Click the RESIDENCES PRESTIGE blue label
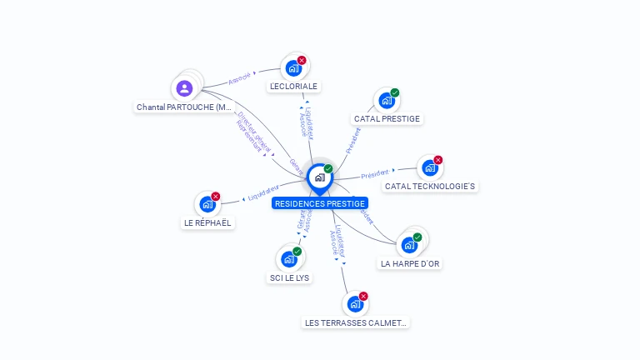click(320, 203)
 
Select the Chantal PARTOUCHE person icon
click(185, 87)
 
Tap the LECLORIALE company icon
click(293, 68)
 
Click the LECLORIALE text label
click(294, 86)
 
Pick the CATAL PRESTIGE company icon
click(386, 101)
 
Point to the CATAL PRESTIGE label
click(387, 118)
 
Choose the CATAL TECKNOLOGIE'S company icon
click(429, 167)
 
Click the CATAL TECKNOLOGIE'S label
click(431, 186)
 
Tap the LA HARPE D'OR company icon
click(409, 245)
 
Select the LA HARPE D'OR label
click(410, 263)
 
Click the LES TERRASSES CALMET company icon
click(355, 304)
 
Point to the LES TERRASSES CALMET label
click(357, 322)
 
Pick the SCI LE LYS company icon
click(289, 259)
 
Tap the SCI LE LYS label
click(290, 277)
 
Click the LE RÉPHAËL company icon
click(207, 204)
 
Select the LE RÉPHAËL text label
click(207, 222)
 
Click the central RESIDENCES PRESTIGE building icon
click(319, 177)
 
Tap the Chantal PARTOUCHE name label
click(184, 107)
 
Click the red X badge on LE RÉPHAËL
click(216, 197)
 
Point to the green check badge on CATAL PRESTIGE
click(395, 92)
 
